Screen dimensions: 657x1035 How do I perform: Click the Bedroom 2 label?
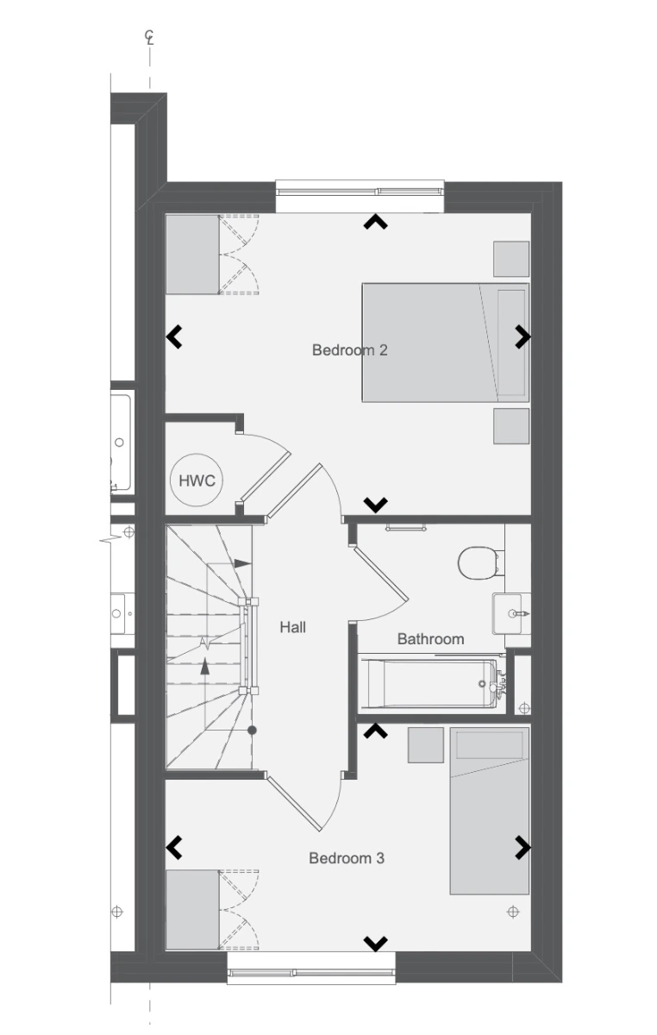(x=350, y=350)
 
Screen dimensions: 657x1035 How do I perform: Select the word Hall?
(x=293, y=627)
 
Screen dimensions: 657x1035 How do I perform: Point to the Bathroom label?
(x=430, y=639)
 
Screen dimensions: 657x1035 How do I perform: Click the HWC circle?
(x=197, y=480)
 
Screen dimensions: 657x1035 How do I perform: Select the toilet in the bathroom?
(x=479, y=562)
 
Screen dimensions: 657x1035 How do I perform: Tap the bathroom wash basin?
(x=511, y=613)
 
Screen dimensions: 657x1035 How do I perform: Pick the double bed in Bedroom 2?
(x=446, y=342)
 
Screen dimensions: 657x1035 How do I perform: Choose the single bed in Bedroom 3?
(x=490, y=811)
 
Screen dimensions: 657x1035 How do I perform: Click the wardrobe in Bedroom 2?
(x=192, y=254)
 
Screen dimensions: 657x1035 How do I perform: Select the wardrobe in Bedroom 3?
(x=192, y=910)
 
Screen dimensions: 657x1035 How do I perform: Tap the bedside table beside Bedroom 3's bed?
(x=426, y=745)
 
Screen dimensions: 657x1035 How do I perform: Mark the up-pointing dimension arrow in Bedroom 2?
(x=375, y=222)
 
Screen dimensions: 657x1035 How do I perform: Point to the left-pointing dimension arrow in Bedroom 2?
(x=174, y=336)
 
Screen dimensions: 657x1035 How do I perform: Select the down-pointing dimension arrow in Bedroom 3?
(x=375, y=943)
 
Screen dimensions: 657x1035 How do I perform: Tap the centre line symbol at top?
(x=149, y=37)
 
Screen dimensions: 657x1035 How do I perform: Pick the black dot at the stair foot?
(x=252, y=731)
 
